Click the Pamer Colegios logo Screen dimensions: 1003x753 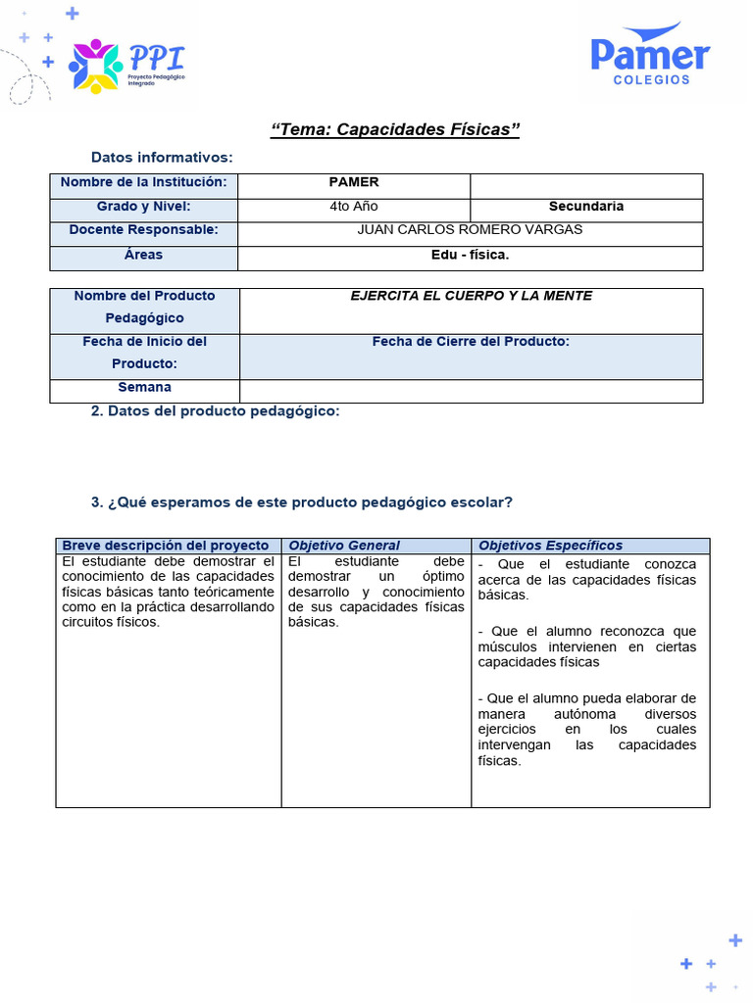click(x=650, y=56)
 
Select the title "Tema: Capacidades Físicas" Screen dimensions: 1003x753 click(x=394, y=130)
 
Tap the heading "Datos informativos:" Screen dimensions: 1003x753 click(x=162, y=157)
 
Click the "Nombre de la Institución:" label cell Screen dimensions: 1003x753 click(x=143, y=182)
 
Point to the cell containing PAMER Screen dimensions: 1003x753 click(x=354, y=182)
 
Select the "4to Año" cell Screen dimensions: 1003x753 click(x=354, y=207)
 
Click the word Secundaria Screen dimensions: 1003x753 click(x=586, y=207)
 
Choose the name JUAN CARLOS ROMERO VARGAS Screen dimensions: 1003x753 click(x=471, y=230)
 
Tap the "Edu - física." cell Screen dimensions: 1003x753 click(x=471, y=255)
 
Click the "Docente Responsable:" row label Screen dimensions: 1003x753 click(x=143, y=230)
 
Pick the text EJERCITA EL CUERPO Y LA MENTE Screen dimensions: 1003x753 click(x=471, y=296)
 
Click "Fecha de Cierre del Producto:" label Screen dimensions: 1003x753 click(x=471, y=342)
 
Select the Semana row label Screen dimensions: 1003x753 click(x=144, y=388)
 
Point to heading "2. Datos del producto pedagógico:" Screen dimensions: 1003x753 click(x=215, y=411)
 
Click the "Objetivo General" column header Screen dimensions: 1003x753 click(x=344, y=546)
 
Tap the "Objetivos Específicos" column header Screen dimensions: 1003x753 click(x=550, y=546)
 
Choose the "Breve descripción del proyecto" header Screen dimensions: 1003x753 click(x=165, y=546)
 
